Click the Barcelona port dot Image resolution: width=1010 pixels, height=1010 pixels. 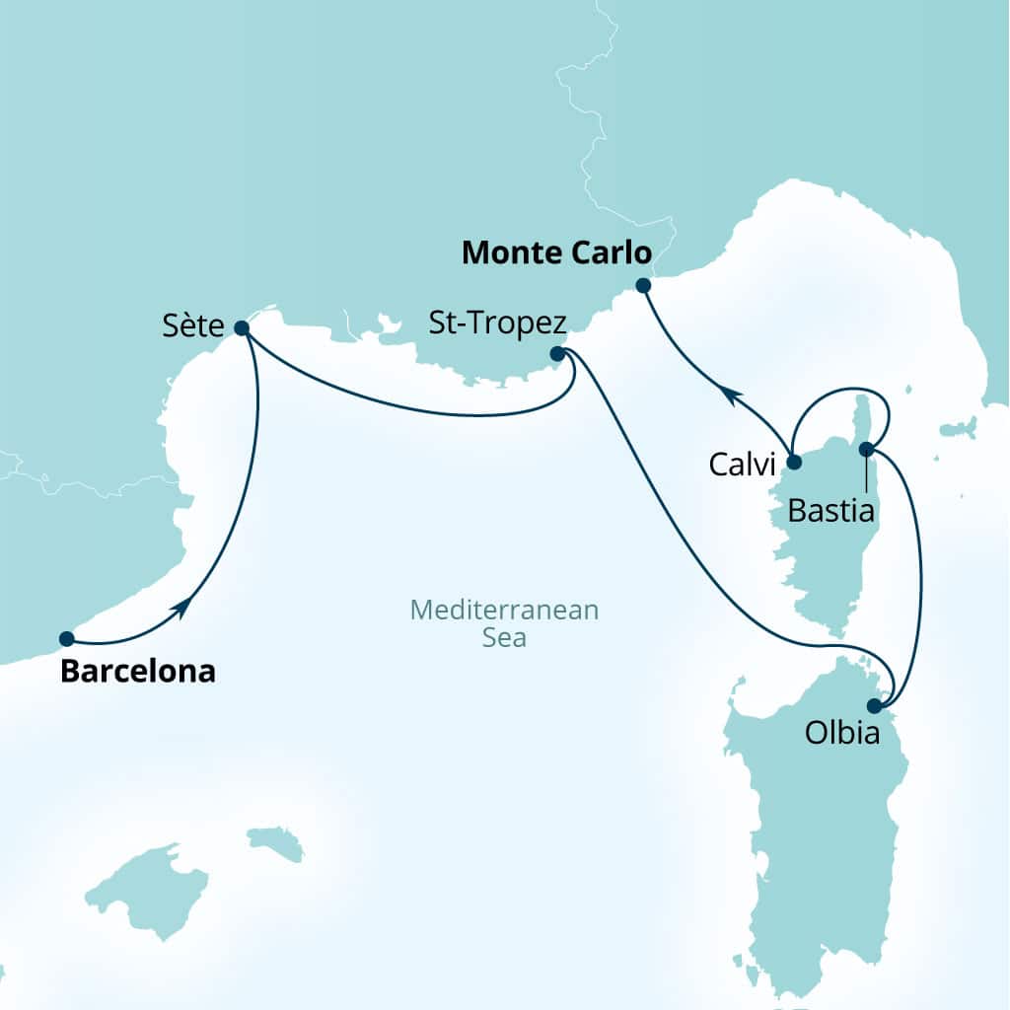[x=66, y=638]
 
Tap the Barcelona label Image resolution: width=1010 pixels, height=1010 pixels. [x=138, y=672]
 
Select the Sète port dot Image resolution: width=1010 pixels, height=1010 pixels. [x=242, y=328]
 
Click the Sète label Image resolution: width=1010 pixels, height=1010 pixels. [x=194, y=326]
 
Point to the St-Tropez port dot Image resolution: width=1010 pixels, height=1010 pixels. [x=557, y=353]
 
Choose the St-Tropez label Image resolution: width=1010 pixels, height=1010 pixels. [x=497, y=323]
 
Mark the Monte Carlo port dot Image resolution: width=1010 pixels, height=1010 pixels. [x=643, y=286]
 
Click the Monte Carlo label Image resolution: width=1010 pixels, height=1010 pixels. [x=557, y=253]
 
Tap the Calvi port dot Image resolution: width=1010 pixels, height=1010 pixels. [x=793, y=460]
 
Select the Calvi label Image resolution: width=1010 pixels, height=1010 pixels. [x=742, y=463]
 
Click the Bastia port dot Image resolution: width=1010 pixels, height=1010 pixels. [x=866, y=450]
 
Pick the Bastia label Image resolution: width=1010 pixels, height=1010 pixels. [x=832, y=511]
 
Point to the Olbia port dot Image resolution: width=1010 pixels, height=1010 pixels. [x=873, y=705]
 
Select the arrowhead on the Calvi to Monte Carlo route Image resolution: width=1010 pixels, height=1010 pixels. [x=729, y=395]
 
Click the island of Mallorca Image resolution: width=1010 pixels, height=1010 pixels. [x=148, y=887]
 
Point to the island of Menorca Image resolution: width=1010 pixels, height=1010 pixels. [x=275, y=842]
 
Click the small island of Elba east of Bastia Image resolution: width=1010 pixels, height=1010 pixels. [x=957, y=429]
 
